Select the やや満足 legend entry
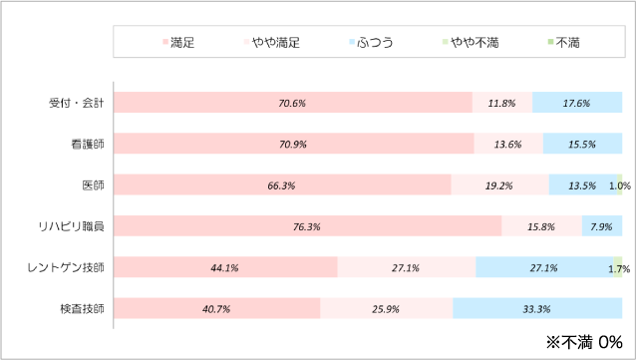(272, 43)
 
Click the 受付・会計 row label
(78, 103)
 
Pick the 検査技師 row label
(85, 308)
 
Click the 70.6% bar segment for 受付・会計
(293, 103)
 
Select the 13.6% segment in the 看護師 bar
(508, 144)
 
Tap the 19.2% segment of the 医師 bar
(499, 184)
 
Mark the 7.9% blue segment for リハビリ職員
(602, 226)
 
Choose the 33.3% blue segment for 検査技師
(537, 308)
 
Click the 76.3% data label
(307, 226)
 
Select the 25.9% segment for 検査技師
(386, 308)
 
